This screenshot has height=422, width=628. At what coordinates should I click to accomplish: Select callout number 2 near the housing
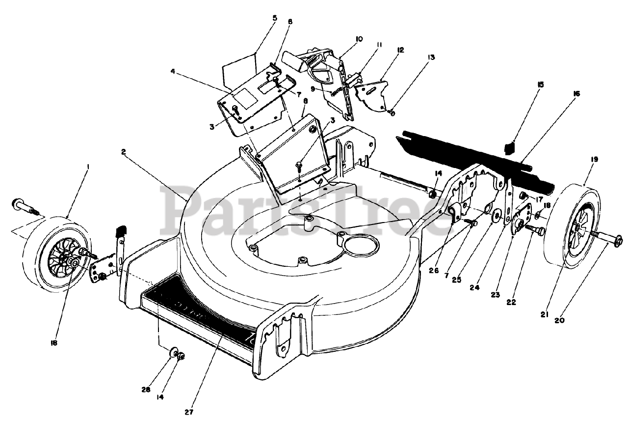click(x=124, y=152)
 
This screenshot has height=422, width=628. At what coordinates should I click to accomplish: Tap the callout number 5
click(x=274, y=18)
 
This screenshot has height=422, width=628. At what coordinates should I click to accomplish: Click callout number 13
click(x=431, y=57)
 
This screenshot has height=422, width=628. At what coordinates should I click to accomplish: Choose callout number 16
click(x=576, y=93)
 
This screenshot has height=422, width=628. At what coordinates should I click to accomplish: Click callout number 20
click(x=559, y=321)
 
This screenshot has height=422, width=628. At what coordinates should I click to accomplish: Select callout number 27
click(x=190, y=412)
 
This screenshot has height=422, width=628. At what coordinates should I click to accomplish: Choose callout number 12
click(x=400, y=50)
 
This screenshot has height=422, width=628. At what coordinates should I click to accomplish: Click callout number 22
click(x=511, y=303)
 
